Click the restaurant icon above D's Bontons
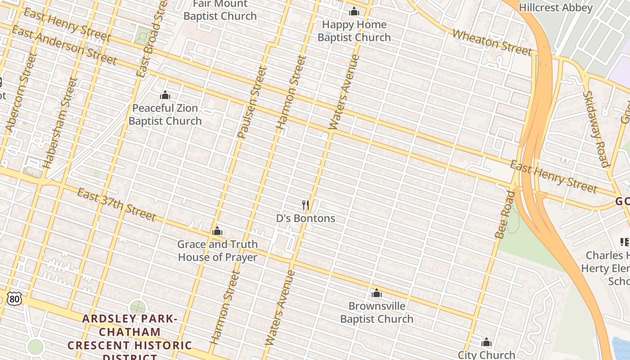306,205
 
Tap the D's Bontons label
306,218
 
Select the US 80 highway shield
14,298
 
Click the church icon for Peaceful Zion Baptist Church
165,95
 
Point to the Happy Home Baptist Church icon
354,11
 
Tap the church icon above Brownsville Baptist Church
377,293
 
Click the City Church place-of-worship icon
486,342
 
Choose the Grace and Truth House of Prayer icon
217,231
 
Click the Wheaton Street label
492,42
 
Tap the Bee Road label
504,215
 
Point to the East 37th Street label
117,205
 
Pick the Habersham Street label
60,123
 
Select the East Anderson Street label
64,45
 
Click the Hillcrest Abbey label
556,8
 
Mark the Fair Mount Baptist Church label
220,10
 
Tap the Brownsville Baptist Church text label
377,312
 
